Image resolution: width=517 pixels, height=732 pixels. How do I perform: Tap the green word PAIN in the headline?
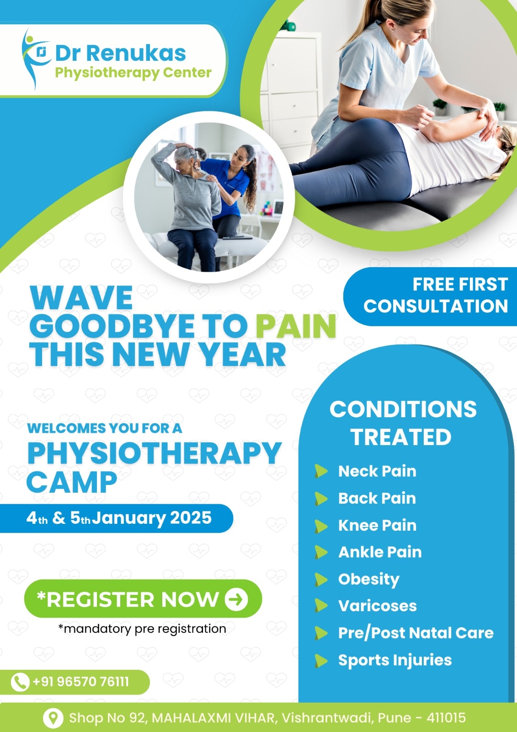296,327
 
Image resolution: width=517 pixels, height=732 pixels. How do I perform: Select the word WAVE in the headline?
81,298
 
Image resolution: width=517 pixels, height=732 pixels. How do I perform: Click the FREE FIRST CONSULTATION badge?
430,296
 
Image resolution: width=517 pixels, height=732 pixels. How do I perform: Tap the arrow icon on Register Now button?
236,599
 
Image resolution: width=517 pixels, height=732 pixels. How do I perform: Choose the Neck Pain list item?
377,471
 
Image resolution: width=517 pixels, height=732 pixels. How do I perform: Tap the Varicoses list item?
378,606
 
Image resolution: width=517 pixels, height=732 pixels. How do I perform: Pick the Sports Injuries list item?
395,661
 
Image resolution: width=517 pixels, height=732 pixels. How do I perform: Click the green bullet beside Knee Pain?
321,526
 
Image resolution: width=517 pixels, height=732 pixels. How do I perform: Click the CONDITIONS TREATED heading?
403,423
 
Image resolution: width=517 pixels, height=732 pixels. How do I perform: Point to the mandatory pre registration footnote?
142,629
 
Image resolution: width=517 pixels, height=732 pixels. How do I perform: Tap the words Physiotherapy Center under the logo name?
133,73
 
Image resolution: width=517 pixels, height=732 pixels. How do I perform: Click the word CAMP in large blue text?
72,482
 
